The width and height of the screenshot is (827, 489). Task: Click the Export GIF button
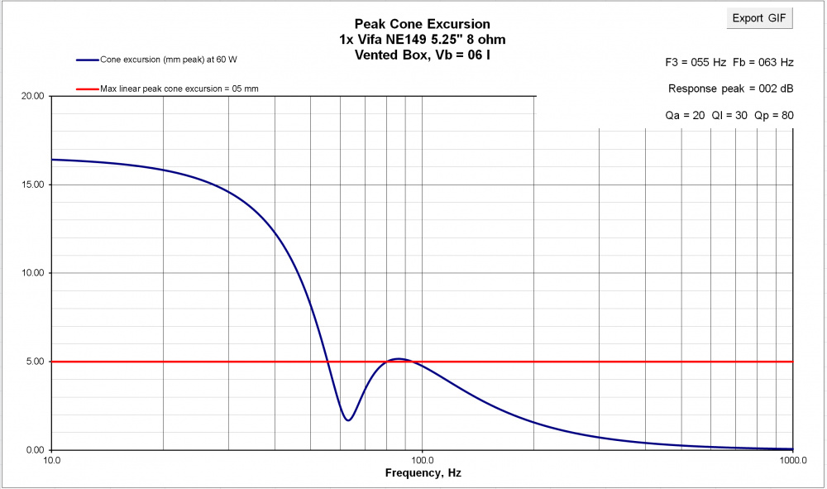coord(759,18)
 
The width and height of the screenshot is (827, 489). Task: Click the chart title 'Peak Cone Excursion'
coord(422,24)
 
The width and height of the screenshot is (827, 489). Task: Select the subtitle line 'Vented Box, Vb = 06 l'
coord(422,55)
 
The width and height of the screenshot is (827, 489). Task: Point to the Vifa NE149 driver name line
coord(422,40)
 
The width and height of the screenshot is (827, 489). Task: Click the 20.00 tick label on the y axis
coord(32,96)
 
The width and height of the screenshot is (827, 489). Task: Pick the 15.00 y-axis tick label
coord(32,185)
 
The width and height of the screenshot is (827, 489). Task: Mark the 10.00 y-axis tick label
coord(32,273)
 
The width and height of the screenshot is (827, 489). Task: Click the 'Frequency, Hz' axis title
coord(422,474)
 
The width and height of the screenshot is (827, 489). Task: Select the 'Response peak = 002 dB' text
coord(730,89)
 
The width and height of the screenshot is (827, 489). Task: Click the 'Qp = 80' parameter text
coord(774,115)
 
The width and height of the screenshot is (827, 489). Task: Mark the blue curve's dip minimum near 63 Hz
coord(348,420)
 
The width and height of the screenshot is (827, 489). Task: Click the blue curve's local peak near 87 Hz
coord(399,358)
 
